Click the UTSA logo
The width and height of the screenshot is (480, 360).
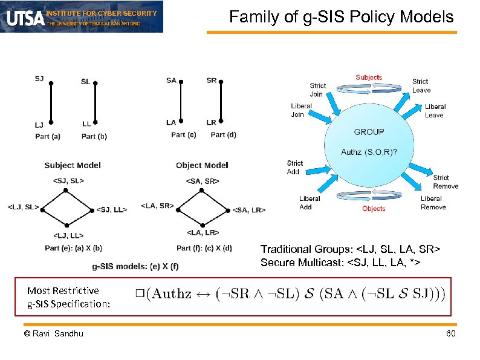click(x=24, y=18)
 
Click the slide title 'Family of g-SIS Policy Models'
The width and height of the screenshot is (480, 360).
click(x=342, y=17)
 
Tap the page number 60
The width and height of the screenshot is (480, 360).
click(x=450, y=334)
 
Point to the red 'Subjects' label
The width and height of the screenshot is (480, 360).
click(x=369, y=77)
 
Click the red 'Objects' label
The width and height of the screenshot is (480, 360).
click(x=374, y=209)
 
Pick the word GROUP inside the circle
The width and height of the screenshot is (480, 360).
click(x=369, y=132)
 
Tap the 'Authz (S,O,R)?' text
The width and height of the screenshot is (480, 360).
click(x=369, y=152)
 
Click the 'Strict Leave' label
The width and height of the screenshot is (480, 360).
click(x=421, y=86)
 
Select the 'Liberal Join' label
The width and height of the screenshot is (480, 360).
click(x=301, y=110)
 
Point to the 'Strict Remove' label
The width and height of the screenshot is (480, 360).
click(x=446, y=182)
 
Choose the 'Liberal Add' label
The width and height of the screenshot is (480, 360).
click(x=310, y=203)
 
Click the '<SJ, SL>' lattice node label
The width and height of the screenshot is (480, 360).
click(x=69, y=180)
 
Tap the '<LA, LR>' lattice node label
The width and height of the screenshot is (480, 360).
click(x=203, y=232)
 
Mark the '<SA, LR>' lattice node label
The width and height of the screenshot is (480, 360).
click(x=248, y=210)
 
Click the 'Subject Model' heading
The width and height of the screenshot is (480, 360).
click(x=73, y=165)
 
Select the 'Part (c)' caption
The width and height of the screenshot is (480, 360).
click(x=183, y=135)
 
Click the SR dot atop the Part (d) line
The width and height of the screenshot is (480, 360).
click(x=221, y=83)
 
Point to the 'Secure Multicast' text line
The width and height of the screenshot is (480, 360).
click(x=340, y=262)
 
